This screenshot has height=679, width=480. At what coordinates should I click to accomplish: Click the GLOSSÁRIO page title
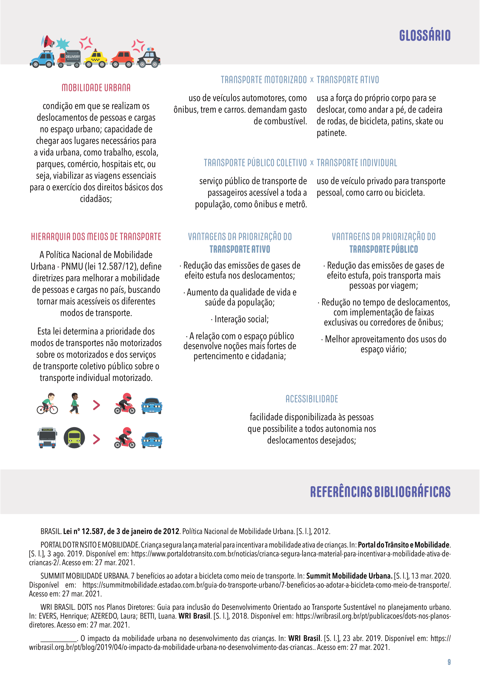(x=425, y=35)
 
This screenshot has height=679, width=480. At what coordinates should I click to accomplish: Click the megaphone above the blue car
(x=48, y=42)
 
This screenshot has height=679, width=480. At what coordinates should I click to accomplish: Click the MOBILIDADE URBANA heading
(x=96, y=88)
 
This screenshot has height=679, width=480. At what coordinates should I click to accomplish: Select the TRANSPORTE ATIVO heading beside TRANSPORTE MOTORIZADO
(x=348, y=80)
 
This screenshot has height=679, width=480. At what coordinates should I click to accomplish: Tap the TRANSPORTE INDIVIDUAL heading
(x=357, y=163)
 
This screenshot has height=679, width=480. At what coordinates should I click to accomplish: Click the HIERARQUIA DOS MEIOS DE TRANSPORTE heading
(x=96, y=237)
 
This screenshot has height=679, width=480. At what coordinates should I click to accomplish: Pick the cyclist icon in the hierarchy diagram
(x=48, y=404)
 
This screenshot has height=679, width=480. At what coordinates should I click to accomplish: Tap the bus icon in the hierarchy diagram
(x=47, y=438)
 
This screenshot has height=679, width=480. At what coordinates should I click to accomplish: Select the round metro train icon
(x=74, y=438)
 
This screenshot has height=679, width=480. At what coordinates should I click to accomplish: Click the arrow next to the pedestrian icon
(x=96, y=405)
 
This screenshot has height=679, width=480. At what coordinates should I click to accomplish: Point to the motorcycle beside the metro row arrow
(x=125, y=438)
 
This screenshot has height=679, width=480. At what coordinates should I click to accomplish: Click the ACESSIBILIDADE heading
(x=311, y=399)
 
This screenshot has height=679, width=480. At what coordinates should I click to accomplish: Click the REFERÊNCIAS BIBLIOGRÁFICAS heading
(x=380, y=492)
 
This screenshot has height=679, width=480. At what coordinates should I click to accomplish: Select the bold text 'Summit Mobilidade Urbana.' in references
(x=349, y=576)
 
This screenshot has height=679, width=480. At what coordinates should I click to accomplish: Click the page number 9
(x=449, y=662)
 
